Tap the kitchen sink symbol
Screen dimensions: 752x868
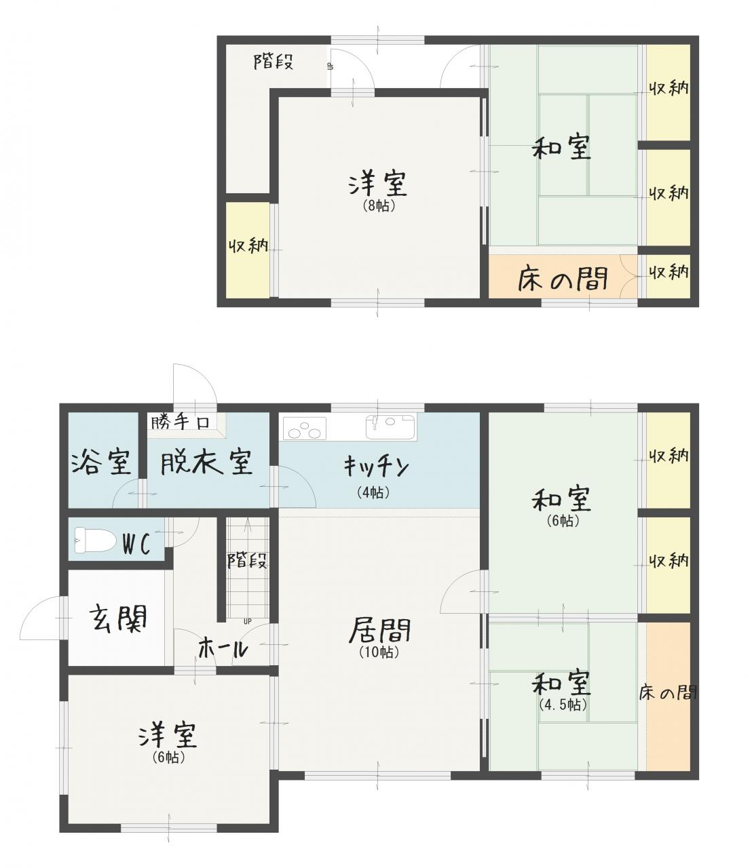(x=390, y=427)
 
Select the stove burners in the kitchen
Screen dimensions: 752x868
(x=305, y=429)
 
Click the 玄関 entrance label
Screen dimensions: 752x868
(x=119, y=618)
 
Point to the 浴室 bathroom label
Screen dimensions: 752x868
(x=101, y=462)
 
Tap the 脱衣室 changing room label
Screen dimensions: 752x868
(x=206, y=462)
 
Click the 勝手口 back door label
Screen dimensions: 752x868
(x=181, y=421)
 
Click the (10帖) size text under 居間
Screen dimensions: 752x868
(x=379, y=652)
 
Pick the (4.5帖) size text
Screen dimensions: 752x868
(x=563, y=704)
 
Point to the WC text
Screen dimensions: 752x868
(x=136, y=545)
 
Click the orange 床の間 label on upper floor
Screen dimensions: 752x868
(x=563, y=279)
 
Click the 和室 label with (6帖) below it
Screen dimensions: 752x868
(x=561, y=499)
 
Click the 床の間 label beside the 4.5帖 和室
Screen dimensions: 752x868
(x=668, y=692)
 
